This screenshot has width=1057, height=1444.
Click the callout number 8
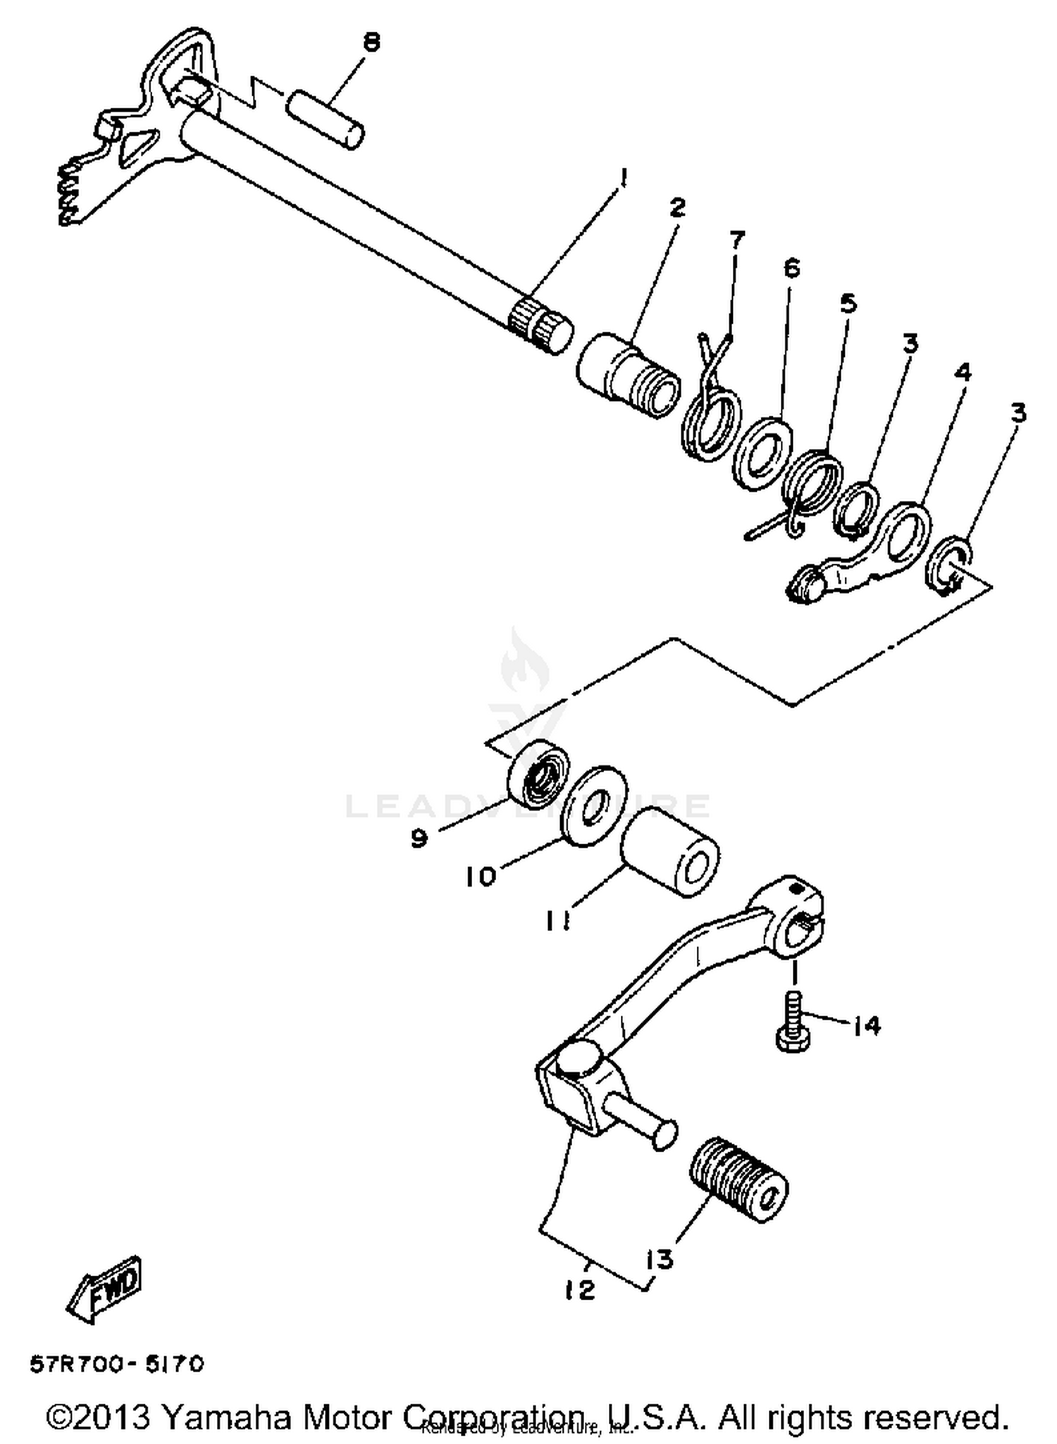[x=371, y=43]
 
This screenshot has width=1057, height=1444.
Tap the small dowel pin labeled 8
[x=325, y=118]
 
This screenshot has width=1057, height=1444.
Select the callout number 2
[x=677, y=208]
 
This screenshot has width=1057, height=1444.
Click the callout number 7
[x=736, y=240]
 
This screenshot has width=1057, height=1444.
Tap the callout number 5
[x=848, y=304]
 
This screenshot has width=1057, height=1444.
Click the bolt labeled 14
[x=793, y=1022]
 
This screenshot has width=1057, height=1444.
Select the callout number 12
[x=579, y=1290]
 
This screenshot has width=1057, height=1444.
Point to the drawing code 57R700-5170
[x=117, y=1365]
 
